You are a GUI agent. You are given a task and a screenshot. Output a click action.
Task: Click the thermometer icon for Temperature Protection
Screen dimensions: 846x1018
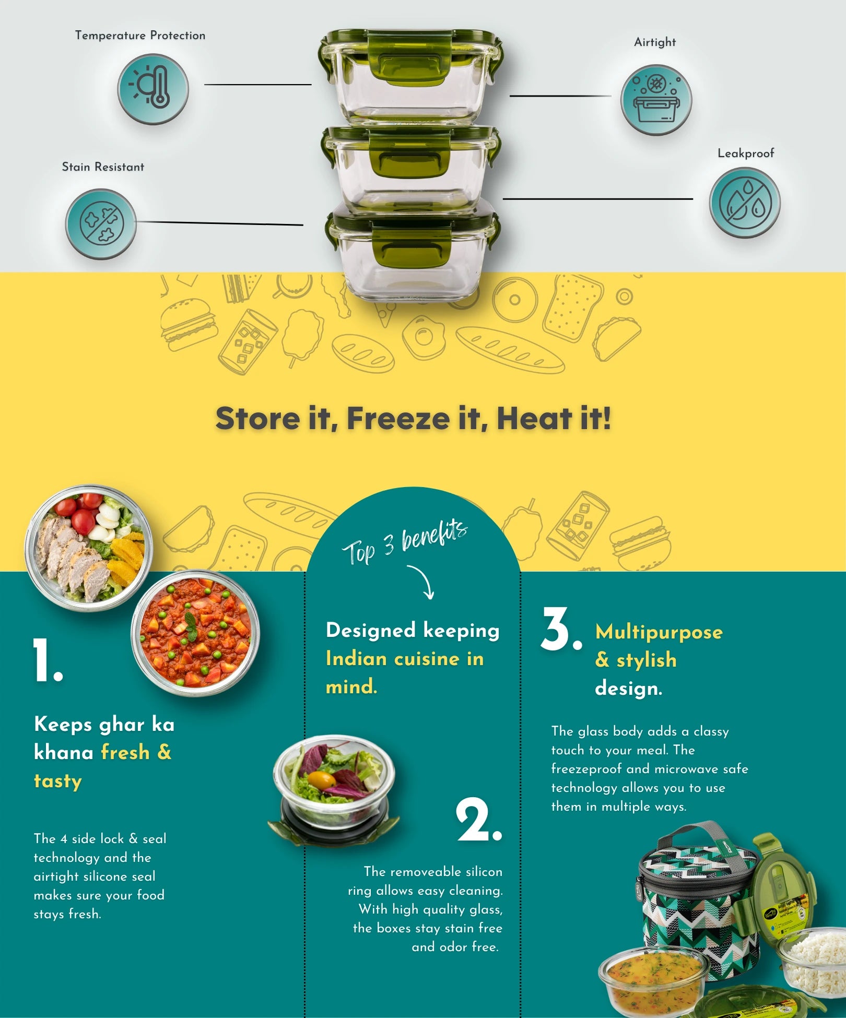[x=152, y=89]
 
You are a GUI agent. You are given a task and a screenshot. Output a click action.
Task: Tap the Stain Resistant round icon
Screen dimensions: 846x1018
[x=101, y=224]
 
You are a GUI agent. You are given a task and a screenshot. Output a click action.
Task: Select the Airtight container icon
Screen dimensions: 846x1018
[x=656, y=100]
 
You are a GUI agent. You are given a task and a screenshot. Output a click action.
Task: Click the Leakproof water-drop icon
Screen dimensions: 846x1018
[x=745, y=203]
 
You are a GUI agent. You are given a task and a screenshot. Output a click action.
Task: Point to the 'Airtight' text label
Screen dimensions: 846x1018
[x=655, y=42]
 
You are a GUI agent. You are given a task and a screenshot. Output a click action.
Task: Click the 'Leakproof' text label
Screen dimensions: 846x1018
[x=746, y=153]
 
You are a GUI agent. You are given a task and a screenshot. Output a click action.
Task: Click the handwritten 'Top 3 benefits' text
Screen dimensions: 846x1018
[x=405, y=543]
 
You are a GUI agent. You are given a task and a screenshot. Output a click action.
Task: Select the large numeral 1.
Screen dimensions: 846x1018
[x=47, y=660]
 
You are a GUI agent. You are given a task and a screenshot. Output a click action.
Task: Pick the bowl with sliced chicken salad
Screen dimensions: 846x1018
[x=89, y=547]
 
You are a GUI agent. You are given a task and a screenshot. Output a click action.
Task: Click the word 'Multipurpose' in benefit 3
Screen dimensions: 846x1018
[x=659, y=632]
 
